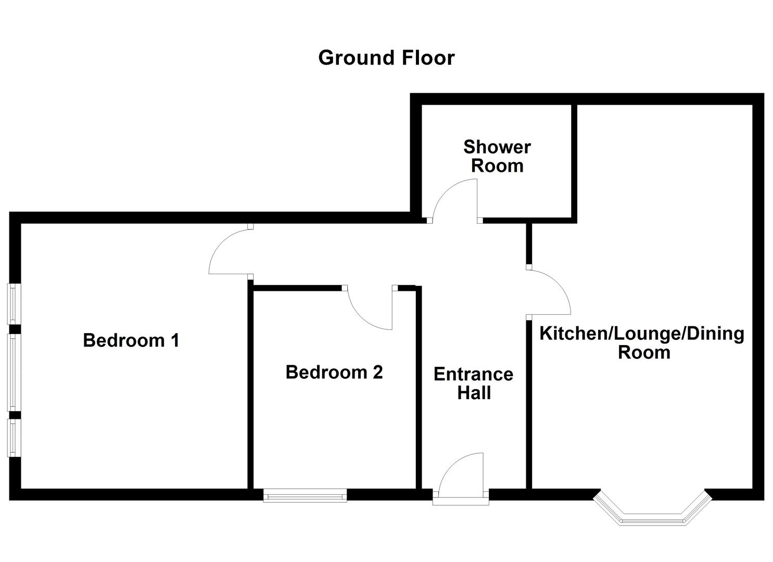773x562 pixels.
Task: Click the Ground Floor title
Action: pos(386,58)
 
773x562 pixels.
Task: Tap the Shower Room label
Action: pos(497,156)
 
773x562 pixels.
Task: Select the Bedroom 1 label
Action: pos(131,340)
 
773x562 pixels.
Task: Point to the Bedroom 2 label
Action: pos(334,372)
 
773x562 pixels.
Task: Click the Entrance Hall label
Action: pos(473,383)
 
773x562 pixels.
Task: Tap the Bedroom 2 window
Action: pos(305,495)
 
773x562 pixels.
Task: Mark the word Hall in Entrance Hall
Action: pos(474,393)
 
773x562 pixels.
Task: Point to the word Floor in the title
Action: pos(427,58)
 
